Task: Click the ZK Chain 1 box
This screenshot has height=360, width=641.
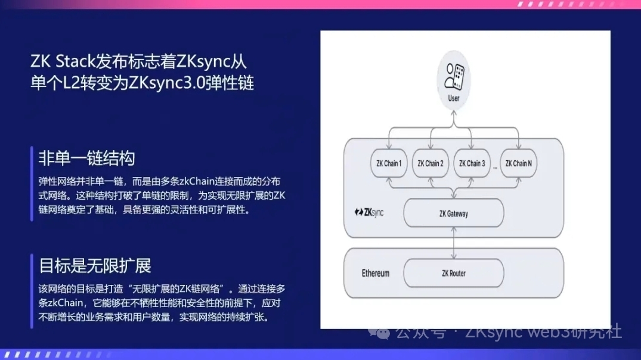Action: point(389,163)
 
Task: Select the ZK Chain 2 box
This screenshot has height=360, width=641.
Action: point(431,163)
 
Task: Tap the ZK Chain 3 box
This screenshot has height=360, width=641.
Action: point(472,163)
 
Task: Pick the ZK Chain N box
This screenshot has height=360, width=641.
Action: point(518,163)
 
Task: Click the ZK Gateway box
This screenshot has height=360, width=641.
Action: point(454,213)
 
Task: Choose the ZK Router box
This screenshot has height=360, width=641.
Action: point(454,273)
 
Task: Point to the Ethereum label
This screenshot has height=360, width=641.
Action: point(376,274)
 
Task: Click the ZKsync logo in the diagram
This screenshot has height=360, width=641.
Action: point(369,212)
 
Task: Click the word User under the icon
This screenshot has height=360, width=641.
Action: point(454,98)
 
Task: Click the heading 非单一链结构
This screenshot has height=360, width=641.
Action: point(86,158)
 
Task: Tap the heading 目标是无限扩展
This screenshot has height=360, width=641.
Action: point(95,265)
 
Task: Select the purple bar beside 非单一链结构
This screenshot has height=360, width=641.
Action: point(32,183)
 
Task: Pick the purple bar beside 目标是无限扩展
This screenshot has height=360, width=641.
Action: point(32,290)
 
